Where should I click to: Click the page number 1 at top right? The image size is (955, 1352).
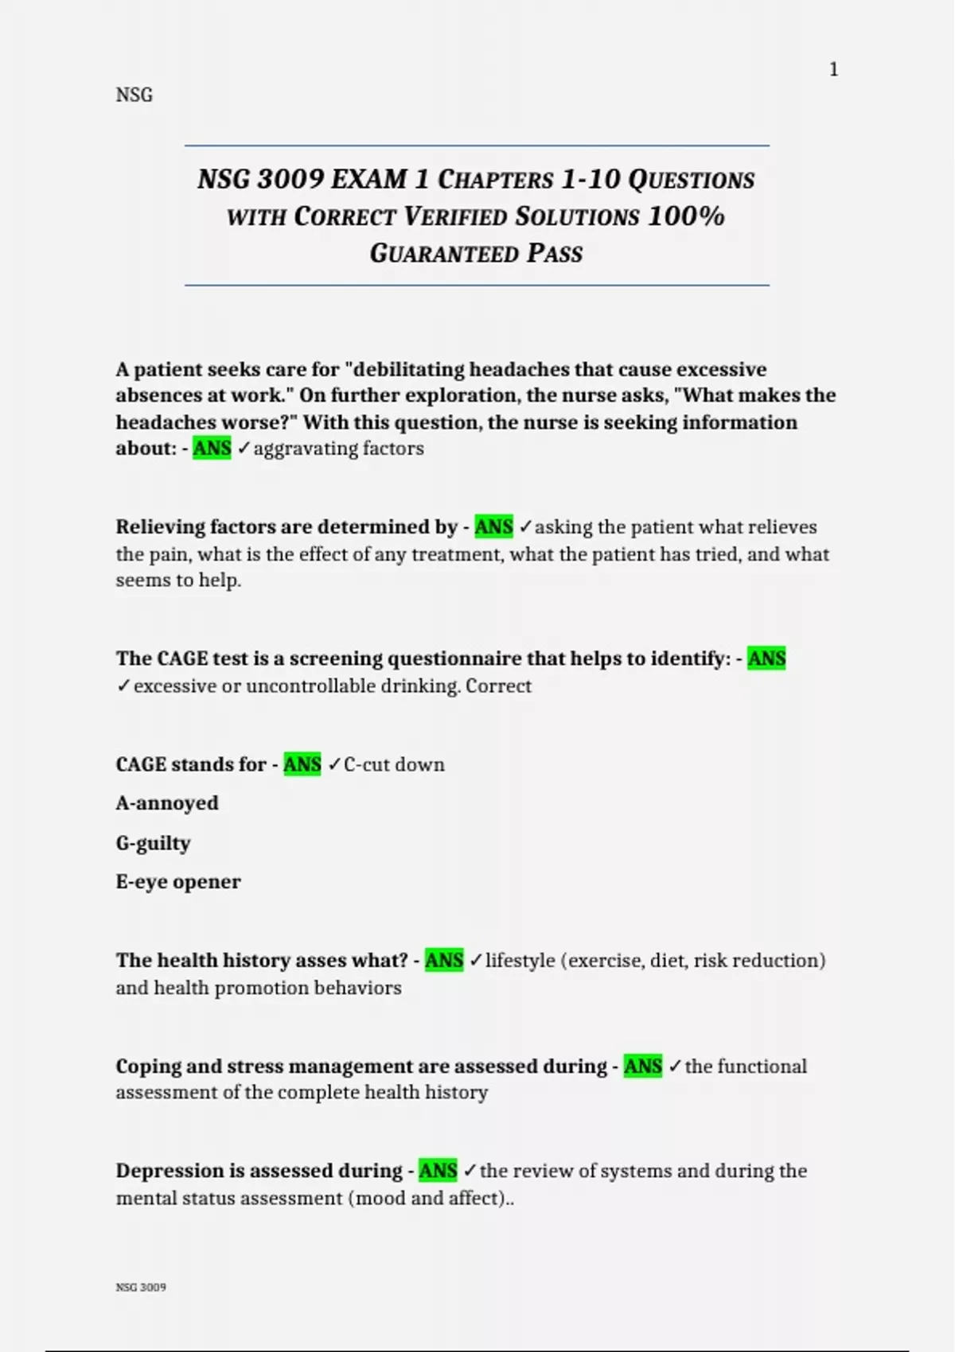pyautogui.click(x=833, y=70)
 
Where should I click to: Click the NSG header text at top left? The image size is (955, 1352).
pyautogui.click(x=134, y=95)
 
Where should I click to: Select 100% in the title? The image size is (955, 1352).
pyautogui.click(x=686, y=216)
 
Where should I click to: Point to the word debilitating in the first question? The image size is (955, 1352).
pyautogui.click(x=409, y=370)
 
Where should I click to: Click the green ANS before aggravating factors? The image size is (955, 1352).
pyautogui.click(x=212, y=449)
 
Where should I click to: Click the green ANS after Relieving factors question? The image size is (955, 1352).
pyautogui.click(x=493, y=527)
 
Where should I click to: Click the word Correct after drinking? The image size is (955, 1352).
pyautogui.click(x=498, y=686)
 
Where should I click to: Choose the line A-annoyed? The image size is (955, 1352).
pyautogui.click(x=167, y=803)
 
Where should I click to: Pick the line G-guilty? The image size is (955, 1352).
pyautogui.click(x=153, y=843)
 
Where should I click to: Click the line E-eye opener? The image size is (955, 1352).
pyautogui.click(x=178, y=882)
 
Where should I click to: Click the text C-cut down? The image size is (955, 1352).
pyautogui.click(x=394, y=765)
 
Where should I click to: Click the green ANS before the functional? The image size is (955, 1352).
pyautogui.click(x=642, y=1066)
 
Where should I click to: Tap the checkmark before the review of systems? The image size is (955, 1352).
pyautogui.click(x=470, y=1171)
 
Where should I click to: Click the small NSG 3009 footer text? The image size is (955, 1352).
pyautogui.click(x=141, y=1287)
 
